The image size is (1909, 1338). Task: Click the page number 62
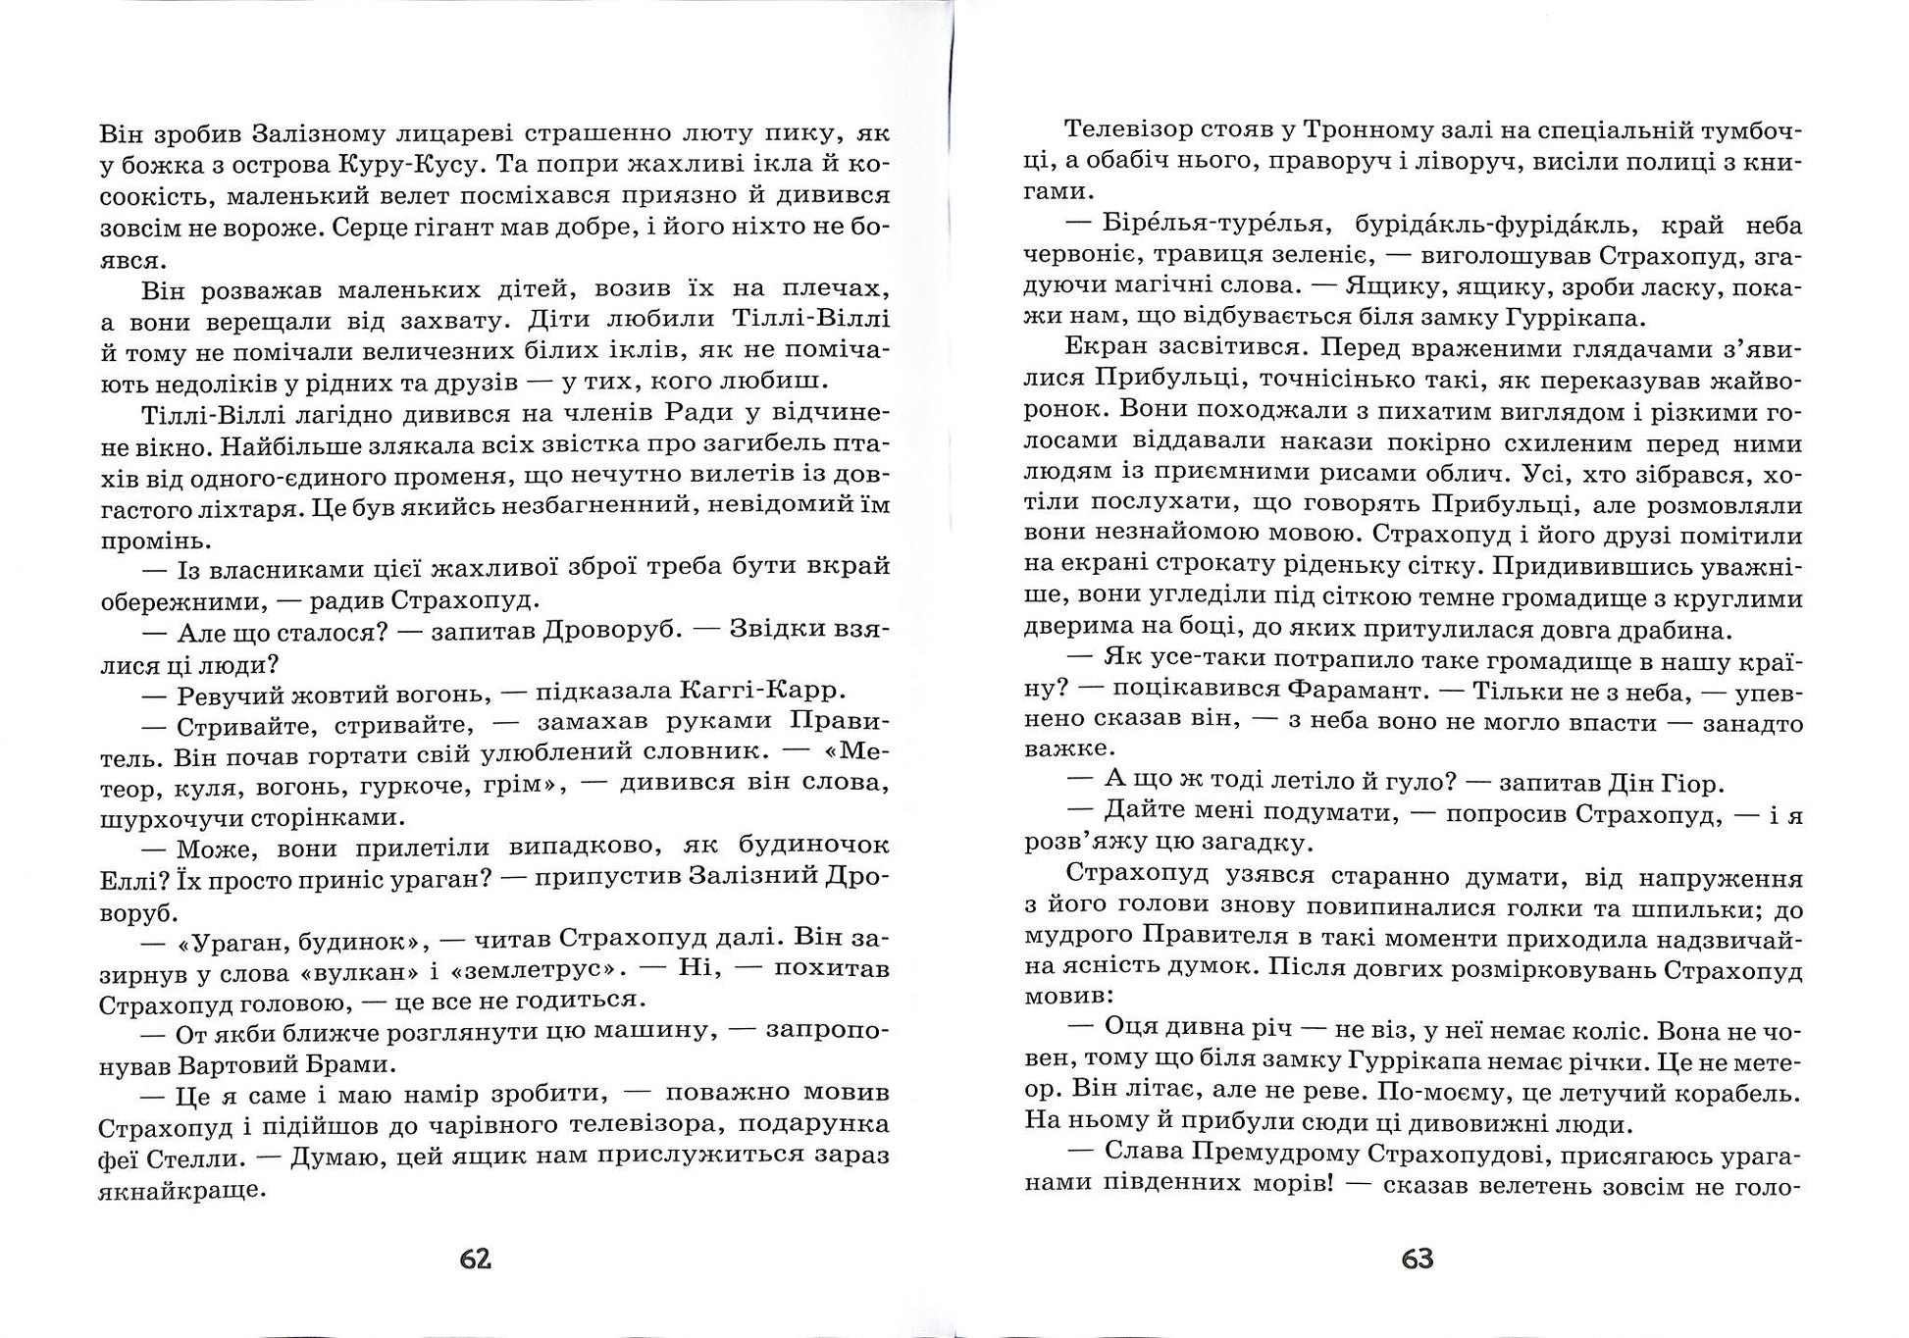(x=475, y=1259)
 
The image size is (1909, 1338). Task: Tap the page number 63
(x=1418, y=1259)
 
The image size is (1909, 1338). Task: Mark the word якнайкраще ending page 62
(x=183, y=1190)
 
